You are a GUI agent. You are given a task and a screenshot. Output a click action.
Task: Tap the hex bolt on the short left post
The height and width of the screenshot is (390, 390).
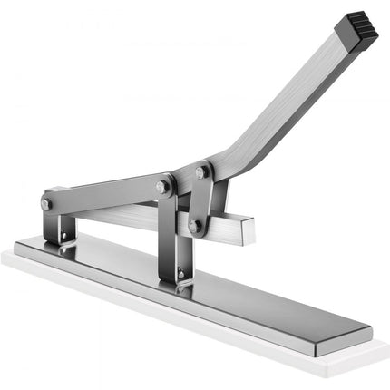click(45, 205)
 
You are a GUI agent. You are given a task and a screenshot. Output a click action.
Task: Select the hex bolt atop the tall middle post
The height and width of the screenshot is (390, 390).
click(162, 186)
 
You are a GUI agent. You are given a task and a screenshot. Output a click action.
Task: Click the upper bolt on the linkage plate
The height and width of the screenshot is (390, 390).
click(201, 172)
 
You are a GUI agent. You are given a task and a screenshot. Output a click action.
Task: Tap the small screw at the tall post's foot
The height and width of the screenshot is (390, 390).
click(181, 274)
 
